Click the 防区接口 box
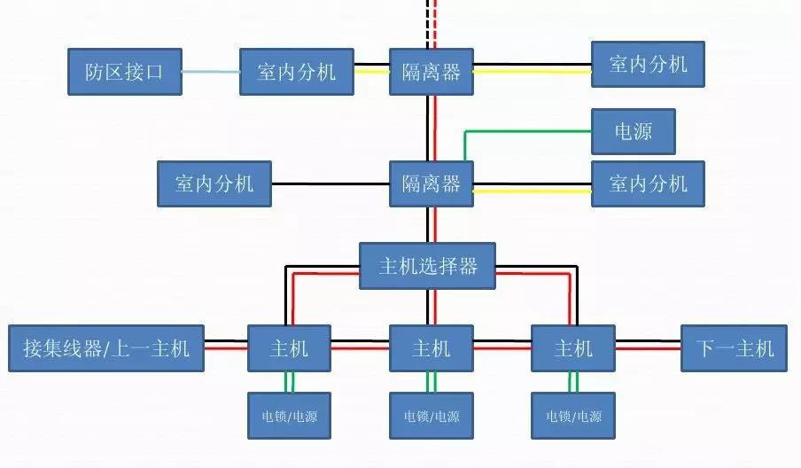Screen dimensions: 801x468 click(125, 72)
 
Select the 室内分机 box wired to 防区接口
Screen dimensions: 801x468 click(297, 72)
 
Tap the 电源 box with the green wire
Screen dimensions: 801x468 click(634, 131)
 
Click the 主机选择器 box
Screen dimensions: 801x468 click(428, 266)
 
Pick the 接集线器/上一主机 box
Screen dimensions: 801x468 click(106, 348)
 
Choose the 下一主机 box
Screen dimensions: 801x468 click(734, 348)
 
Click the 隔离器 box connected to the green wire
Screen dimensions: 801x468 click(432, 184)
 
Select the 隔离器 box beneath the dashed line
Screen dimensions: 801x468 click(432, 72)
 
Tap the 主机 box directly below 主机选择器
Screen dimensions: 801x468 click(432, 348)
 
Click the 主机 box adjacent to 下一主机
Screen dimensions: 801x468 click(573, 348)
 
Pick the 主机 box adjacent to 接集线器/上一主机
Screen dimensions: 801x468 click(289, 348)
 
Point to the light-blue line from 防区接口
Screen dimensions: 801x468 click(211, 72)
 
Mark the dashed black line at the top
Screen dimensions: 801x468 click(428, 24)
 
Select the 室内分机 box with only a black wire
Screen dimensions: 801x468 click(214, 184)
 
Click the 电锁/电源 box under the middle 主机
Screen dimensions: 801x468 click(432, 416)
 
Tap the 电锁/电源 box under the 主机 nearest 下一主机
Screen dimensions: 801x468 click(573, 416)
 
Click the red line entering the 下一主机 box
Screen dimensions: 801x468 click(648, 348)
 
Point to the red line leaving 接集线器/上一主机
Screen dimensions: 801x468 click(226, 348)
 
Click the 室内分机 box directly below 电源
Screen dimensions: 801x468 click(648, 184)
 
